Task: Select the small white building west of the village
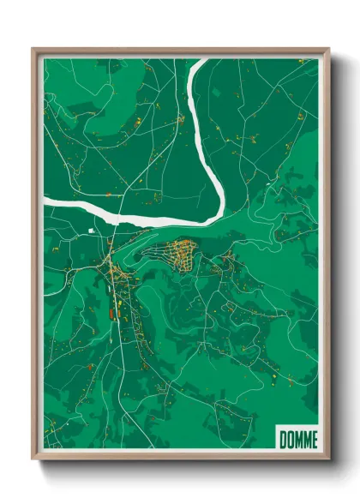tap(92, 231)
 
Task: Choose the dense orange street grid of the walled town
tap(182, 255)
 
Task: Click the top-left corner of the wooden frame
tap(34, 50)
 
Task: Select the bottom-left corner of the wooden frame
tap(34, 459)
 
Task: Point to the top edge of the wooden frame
tap(180, 51)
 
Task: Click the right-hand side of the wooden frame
tap(326, 257)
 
